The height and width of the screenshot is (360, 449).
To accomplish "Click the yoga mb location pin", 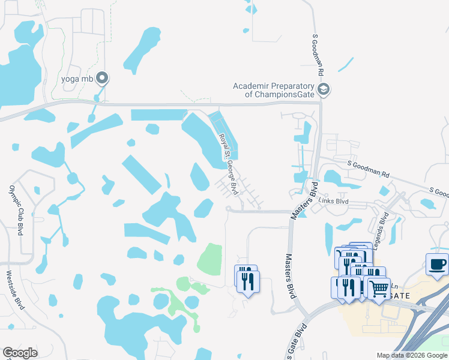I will pyautogui.click(x=102, y=77).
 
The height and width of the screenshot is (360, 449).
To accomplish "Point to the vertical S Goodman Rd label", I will pyautogui.click(x=318, y=54).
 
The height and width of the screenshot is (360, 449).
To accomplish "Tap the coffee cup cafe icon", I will pyautogui.click(x=436, y=264).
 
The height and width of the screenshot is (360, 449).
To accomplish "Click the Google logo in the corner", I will pyautogui.click(x=20, y=353).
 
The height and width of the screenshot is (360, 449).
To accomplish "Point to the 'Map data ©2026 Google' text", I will pyautogui.click(x=411, y=355).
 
